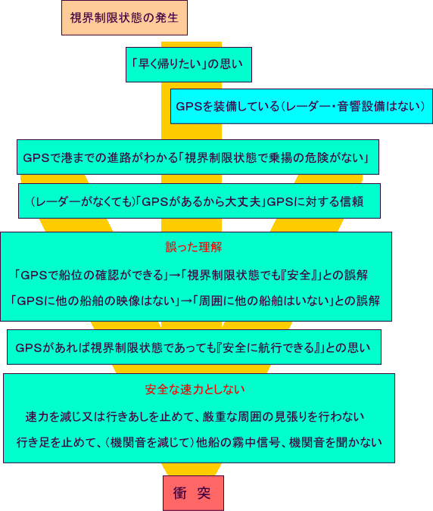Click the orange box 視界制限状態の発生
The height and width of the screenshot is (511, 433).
click(x=124, y=17)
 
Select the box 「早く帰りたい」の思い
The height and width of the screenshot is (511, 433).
click(x=188, y=64)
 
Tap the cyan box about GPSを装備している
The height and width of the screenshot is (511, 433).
click(x=301, y=106)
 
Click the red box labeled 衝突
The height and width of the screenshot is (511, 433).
click(x=193, y=493)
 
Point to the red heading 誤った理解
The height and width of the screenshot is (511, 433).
click(x=194, y=248)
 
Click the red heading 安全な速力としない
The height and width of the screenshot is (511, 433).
click(x=195, y=389)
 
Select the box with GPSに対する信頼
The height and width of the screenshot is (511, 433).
click(x=199, y=201)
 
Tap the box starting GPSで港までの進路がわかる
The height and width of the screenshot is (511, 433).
click(x=198, y=157)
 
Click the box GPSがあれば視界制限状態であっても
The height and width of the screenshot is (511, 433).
click(x=195, y=347)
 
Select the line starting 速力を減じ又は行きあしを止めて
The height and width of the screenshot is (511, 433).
click(x=195, y=417)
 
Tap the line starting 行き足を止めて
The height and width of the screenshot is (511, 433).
click(x=199, y=443)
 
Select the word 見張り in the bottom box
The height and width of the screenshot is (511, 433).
click(x=292, y=417)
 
